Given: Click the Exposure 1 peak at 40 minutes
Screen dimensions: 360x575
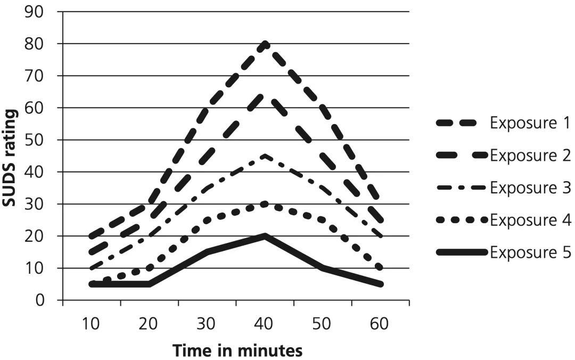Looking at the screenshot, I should [265, 44].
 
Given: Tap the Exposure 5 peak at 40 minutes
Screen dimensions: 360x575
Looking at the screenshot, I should [265, 236].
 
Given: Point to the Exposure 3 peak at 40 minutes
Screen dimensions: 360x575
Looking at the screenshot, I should [265, 156].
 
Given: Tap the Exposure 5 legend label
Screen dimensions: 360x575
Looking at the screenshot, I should [530, 252].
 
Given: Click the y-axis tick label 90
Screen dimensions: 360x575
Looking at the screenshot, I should [36, 12].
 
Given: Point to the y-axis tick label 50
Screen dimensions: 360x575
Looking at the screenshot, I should [36, 140].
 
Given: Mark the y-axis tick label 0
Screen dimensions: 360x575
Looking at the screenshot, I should [42, 300].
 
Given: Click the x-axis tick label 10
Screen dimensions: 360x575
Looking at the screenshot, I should [92, 324].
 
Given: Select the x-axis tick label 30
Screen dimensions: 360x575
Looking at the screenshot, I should [207, 324].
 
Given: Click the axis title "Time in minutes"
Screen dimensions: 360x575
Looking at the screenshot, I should [237, 350].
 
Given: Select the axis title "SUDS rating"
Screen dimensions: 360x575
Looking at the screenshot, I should [12, 156].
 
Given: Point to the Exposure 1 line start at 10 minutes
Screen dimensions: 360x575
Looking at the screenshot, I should [92, 236].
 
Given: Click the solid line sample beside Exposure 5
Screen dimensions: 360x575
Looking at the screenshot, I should [462, 252].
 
